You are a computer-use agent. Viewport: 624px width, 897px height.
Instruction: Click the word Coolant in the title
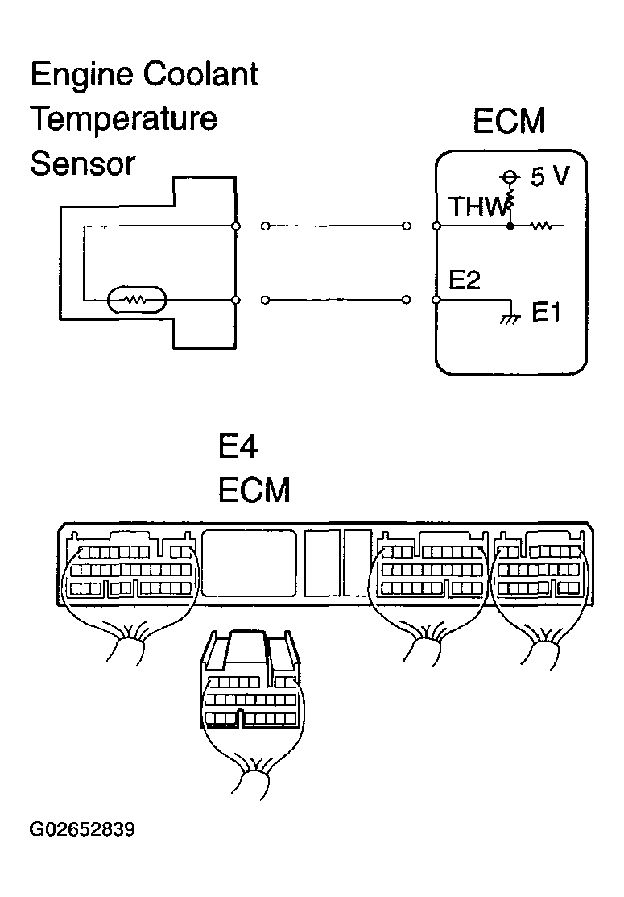pos(200,74)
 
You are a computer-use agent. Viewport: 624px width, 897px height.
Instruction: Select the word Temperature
pos(123,119)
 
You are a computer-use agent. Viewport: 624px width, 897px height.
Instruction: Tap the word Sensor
pos(82,164)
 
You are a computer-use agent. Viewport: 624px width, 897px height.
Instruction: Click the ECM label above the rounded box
pos(509,121)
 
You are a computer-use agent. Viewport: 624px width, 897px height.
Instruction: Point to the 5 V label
pos(550,176)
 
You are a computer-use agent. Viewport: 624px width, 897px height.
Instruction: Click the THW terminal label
pos(477,206)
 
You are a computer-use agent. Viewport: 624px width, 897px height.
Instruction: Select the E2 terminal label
pos(464,280)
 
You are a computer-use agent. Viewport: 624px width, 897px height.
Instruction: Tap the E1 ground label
pos(546,313)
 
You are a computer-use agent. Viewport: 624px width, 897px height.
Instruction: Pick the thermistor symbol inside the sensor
pos(137,299)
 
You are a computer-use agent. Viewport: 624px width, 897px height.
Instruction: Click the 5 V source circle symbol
pos(507,176)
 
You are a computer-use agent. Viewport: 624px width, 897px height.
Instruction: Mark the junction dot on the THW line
pos(510,226)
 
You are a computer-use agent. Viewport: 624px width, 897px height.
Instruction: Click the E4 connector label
pos(238,446)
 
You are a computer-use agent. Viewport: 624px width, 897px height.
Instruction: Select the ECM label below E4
pos(254,490)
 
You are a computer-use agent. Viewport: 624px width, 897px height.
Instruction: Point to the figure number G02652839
pos(82,829)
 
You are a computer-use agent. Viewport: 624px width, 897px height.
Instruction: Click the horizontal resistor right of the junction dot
pos(541,226)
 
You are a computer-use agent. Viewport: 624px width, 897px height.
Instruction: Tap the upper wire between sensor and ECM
pos(336,226)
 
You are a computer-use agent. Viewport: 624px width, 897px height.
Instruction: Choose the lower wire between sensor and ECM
pos(336,300)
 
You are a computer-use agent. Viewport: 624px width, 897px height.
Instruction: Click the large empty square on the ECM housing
pos(249,563)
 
